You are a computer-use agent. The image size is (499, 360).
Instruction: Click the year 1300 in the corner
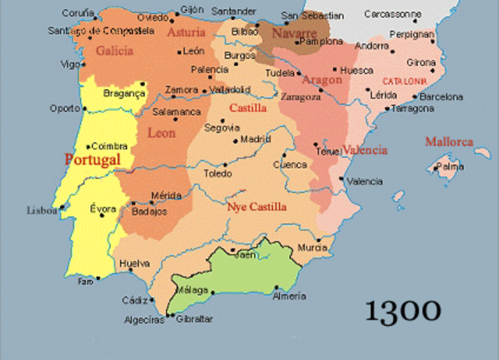[x=403, y=309]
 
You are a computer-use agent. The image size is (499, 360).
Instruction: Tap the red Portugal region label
[x=93, y=159]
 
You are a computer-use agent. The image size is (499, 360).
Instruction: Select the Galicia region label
[x=115, y=51]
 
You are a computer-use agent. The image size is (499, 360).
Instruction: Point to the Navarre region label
[x=295, y=34]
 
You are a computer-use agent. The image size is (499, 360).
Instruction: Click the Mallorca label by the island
[x=449, y=142]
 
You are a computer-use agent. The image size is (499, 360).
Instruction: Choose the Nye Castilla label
[x=257, y=206]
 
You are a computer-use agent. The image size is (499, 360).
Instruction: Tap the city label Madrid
[x=255, y=139]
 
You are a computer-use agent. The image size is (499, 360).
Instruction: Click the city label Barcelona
[x=441, y=97]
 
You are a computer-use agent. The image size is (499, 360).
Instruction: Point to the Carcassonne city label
[x=393, y=14]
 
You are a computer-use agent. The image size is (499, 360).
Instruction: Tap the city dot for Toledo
[x=225, y=164]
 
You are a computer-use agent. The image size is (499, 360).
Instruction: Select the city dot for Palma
[x=437, y=165]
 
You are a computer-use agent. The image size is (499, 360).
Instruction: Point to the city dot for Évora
[x=102, y=215]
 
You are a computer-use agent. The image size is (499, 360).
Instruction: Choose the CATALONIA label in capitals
[x=404, y=81]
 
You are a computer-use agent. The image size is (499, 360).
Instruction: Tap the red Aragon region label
[x=323, y=79]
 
